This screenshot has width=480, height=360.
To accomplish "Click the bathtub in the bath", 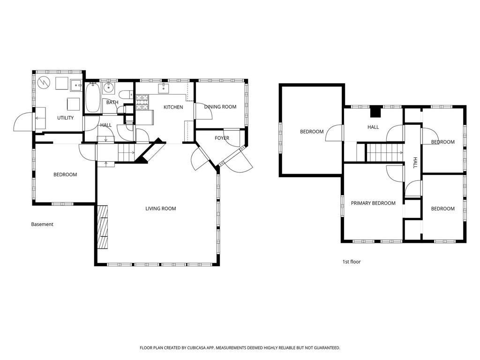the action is click(92, 97).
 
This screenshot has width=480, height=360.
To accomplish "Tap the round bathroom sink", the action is click(108, 88).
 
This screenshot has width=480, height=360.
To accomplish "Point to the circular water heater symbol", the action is click(43, 82).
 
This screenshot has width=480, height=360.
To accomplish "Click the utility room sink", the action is click(76, 85).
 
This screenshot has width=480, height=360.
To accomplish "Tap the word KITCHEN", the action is click(173, 107).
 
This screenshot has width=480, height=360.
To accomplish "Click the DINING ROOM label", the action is click(220, 107).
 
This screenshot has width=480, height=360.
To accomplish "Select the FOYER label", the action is click(222, 138).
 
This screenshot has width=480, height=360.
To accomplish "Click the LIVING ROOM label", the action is click(161, 209).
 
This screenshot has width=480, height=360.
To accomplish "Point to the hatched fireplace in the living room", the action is click(103, 227).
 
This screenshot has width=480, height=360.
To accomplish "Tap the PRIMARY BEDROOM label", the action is click(373, 203).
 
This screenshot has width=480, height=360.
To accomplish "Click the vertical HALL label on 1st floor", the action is click(415, 163).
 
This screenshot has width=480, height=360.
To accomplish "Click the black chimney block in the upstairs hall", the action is click(376, 112).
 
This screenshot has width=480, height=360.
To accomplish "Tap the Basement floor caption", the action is click(42, 225).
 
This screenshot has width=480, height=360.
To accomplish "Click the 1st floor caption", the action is click(352, 262).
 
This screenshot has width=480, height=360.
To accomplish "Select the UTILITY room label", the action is click(66, 118).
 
